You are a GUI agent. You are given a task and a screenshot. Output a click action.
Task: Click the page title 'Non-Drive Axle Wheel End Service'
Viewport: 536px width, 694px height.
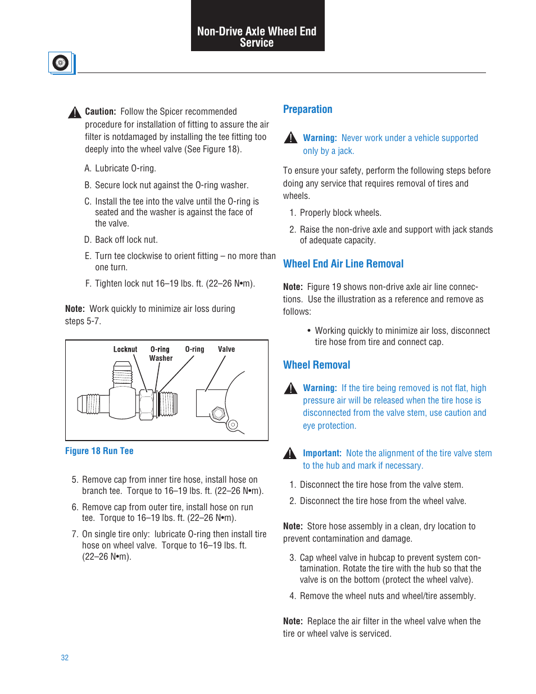tap(257, 37)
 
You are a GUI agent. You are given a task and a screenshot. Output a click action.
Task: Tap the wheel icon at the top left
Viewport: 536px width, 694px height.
tap(61, 63)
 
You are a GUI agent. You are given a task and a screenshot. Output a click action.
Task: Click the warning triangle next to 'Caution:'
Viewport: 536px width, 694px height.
tap(75, 112)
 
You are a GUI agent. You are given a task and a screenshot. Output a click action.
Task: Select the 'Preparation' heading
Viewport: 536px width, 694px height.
tap(307, 110)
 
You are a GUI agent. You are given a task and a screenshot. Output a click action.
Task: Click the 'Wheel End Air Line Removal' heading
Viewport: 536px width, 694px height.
tap(343, 264)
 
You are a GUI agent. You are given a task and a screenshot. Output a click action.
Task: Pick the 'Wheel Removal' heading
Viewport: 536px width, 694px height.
tap(316, 365)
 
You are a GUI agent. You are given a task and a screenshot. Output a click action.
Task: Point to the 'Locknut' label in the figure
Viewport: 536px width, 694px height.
tap(125, 350)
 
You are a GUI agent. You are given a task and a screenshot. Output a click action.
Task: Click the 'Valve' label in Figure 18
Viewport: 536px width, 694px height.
tap(226, 350)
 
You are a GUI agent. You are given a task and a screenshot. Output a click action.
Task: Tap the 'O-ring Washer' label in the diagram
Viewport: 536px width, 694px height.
tap(160, 353)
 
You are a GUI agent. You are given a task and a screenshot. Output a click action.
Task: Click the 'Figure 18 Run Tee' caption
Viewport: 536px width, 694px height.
tap(99, 451)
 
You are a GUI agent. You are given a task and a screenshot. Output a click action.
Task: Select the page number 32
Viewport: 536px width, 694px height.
tap(65, 657)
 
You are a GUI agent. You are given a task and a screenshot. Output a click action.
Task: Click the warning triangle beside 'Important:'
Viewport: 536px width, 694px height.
tap(290, 453)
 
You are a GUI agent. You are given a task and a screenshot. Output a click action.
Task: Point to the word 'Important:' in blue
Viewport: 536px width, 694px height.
tap(322, 453)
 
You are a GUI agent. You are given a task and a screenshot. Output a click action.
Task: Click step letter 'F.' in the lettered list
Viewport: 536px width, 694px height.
tap(88, 284)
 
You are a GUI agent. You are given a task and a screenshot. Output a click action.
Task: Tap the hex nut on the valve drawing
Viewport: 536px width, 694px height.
tap(219, 413)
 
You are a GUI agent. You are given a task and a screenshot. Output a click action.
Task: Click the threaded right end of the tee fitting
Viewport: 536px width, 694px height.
tap(168, 404)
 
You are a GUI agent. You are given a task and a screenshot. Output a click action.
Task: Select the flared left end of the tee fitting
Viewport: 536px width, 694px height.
tap(88, 404)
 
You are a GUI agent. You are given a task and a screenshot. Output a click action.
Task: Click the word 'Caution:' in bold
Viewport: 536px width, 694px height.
tap(101, 112)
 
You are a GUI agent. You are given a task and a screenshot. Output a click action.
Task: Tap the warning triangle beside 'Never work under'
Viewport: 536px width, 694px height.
tap(290, 138)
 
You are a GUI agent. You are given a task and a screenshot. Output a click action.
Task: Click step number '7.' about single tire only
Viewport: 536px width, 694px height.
tap(75, 534)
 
